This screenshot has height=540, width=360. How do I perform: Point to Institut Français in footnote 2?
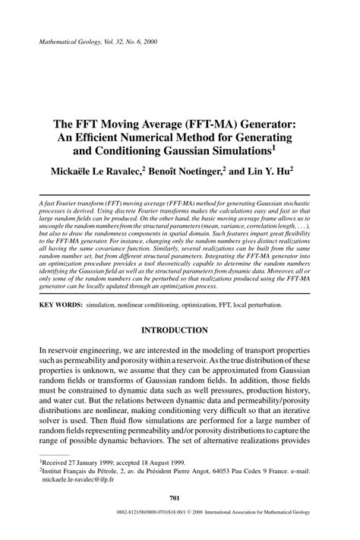68,471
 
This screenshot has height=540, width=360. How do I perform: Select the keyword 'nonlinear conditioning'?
155,305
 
